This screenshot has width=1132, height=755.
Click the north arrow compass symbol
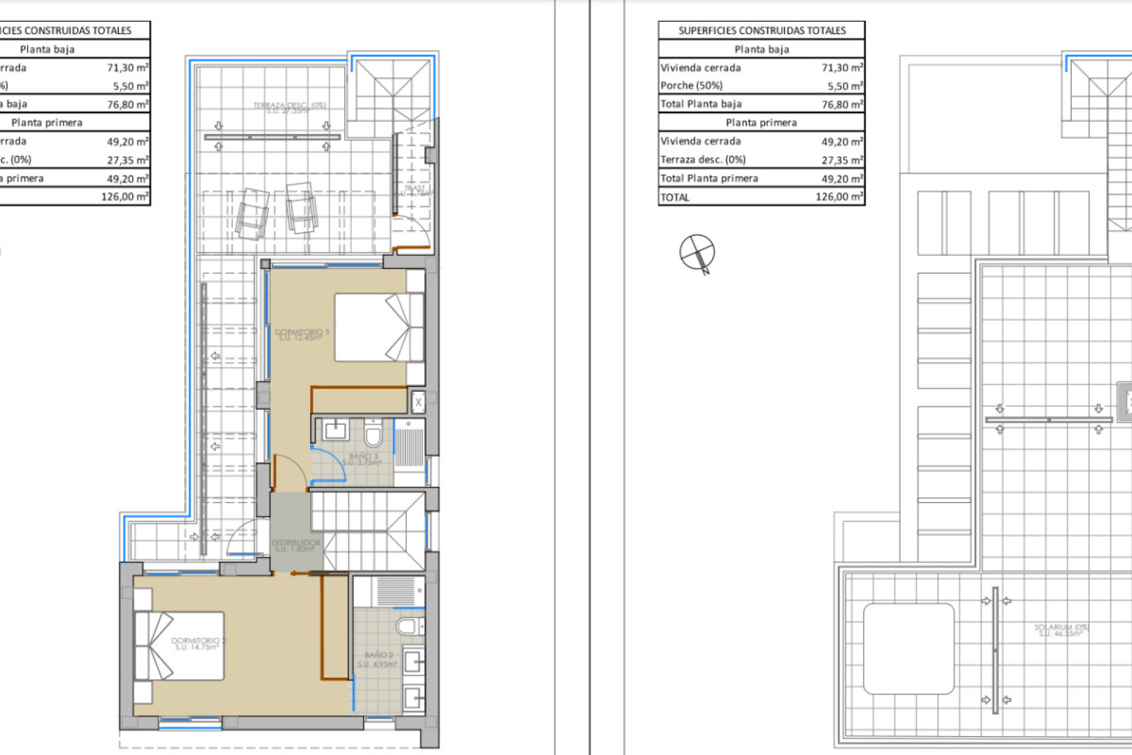697,252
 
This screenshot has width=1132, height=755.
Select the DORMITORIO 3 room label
302,334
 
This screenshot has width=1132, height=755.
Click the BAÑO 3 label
363,459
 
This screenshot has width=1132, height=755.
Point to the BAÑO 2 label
377,659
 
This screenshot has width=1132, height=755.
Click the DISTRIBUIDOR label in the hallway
296,545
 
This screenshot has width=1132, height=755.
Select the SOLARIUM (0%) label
1061,630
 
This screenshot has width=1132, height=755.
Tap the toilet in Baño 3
373,434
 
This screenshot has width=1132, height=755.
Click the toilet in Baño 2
409,626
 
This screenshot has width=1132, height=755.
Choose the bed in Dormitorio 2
179,646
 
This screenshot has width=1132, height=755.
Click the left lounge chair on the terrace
252,214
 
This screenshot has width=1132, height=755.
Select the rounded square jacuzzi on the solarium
909,648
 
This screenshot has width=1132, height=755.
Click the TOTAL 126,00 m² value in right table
839,197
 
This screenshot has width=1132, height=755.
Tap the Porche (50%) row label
691,86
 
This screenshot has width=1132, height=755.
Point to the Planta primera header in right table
761,123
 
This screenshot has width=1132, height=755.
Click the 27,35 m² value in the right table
842,160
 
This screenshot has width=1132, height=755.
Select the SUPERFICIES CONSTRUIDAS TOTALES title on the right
761,31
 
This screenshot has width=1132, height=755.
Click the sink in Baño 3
335,430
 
